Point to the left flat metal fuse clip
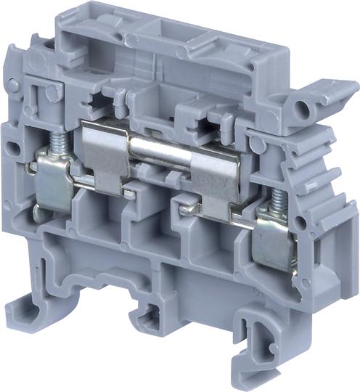(x=105, y=149)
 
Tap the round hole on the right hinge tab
(x=301, y=110)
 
